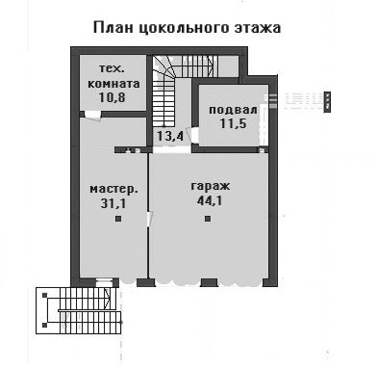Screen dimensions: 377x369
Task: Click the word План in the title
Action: pyautogui.click(x=113, y=27)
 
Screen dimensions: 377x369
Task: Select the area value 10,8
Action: pyautogui.click(x=112, y=97)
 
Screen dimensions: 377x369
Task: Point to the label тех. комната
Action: pyautogui.click(x=113, y=76)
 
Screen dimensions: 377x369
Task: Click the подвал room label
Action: pyautogui.click(x=233, y=110)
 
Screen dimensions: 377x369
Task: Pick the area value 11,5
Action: pyautogui.click(x=233, y=123)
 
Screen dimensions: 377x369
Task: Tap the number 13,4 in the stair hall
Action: pyautogui.click(x=169, y=136)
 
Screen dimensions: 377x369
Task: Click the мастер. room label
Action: pyautogui.click(x=113, y=190)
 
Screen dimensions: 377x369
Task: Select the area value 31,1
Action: pyautogui.click(x=113, y=203)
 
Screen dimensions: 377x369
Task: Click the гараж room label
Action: pyautogui.click(x=211, y=186)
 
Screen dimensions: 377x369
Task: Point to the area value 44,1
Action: pyautogui.click(x=210, y=201)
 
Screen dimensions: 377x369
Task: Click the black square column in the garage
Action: pyautogui.click(x=208, y=219)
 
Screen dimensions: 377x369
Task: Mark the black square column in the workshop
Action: pyautogui.click(x=118, y=219)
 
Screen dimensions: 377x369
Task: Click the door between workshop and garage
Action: pyautogui.click(x=149, y=219)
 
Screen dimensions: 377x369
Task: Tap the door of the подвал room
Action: pyautogui.click(x=193, y=135)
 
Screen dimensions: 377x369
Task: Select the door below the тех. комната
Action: pyautogui.click(x=92, y=116)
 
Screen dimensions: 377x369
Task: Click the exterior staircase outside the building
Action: pyautogui.click(x=79, y=310)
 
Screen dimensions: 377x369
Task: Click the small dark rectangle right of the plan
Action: pyautogui.click(x=327, y=102)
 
